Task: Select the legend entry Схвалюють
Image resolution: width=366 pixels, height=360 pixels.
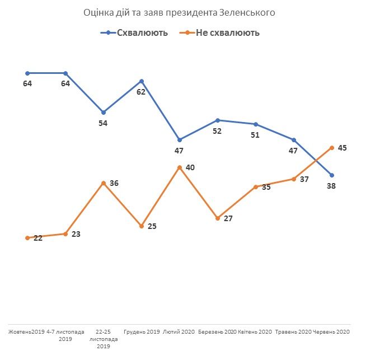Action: (x=139, y=32)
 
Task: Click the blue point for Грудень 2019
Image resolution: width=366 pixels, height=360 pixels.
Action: (x=141, y=81)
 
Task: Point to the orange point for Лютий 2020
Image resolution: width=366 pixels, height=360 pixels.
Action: (x=179, y=167)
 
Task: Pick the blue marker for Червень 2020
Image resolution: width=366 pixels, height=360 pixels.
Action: (x=332, y=175)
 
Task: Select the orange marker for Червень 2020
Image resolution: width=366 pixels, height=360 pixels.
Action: (x=332, y=147)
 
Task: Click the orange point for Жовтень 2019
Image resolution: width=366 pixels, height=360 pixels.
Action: (x=27, y=238)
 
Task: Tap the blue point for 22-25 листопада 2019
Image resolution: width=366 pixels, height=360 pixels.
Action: (x=103, y=112)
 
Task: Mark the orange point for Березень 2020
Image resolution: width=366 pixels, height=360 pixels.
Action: (x=217, y=217)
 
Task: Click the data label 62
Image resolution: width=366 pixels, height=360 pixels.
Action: (x=141, y=92)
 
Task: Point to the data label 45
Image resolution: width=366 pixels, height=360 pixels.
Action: (x=342, y=148)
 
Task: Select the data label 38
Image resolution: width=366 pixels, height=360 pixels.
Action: (x=331, y=186)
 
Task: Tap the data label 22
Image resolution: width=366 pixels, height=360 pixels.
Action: (x=37, y=237)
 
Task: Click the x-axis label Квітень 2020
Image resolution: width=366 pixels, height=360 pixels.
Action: (x=255, y=333)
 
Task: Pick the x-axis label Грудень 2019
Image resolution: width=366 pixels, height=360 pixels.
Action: (x=141, y=333)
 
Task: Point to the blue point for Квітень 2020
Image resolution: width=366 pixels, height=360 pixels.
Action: (x=255, y=124)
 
